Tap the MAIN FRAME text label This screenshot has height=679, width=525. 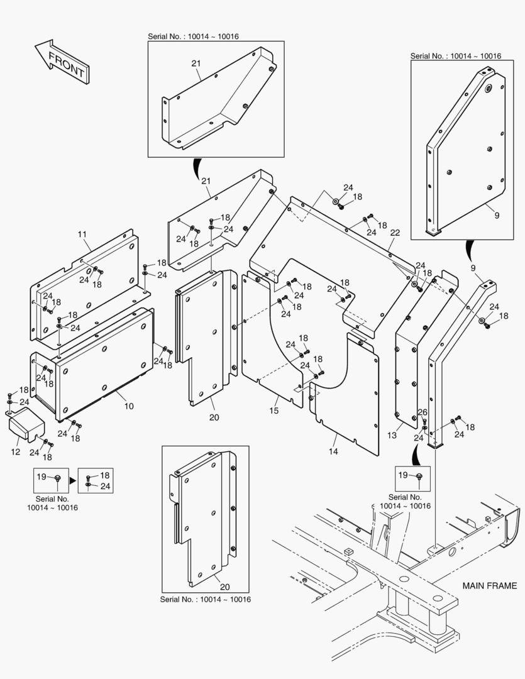[489, 585]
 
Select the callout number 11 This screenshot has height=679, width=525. [82, 235]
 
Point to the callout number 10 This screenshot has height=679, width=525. [128, 406]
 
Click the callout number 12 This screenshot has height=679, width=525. [16, 451]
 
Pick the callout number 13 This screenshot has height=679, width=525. [392, 435]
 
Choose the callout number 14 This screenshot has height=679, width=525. [333, 451]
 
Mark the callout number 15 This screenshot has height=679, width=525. [274, 410]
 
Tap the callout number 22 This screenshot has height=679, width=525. [394, 233]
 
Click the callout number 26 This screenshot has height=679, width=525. [423, 412]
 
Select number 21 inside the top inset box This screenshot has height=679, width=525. [196, 63]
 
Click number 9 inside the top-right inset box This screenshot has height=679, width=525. [496, 215]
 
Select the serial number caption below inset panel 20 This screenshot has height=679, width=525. [206, 600]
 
